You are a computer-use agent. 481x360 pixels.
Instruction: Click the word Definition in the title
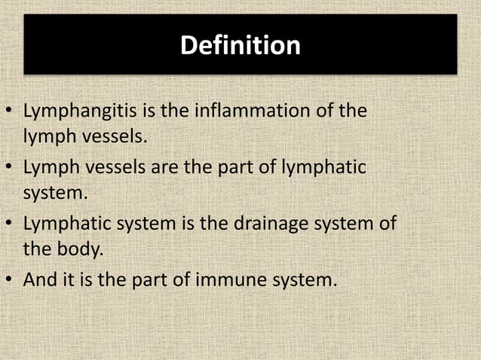(x=240, y=46)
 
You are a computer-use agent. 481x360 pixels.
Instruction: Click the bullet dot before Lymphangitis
(x=9, y=114)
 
